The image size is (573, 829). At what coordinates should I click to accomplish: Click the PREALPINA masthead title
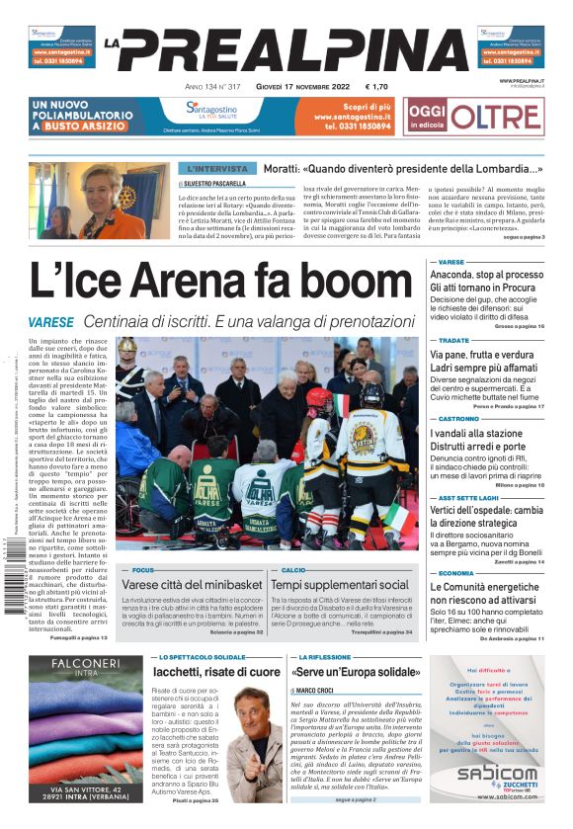(x=292, y=49)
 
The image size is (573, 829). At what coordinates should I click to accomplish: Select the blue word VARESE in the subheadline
(x=51, y=323)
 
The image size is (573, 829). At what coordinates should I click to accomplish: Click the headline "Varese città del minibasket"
(x=193, y=585)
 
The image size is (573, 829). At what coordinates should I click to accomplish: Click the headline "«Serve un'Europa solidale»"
(x=356, y=672)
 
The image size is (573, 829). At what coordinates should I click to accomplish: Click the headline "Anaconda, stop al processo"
(x=486, y=275)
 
